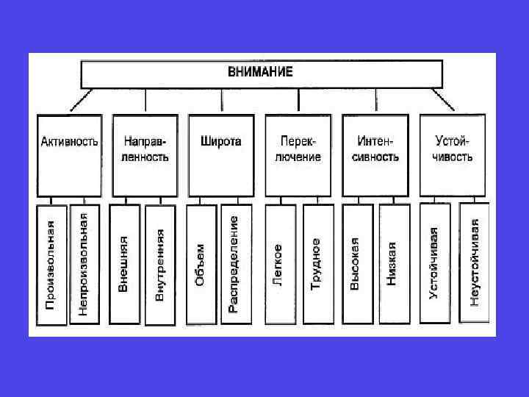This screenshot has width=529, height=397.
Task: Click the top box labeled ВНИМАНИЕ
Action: tap(262, 73)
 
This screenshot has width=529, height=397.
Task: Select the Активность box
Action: tap(69, 155)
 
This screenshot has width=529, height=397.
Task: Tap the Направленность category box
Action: tap(145, 155)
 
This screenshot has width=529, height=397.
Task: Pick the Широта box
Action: tap(220, 155)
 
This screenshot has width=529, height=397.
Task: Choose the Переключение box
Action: tap(300, 155)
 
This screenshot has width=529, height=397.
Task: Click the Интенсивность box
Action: tap(375, 155)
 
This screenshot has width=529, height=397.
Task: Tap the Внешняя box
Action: tap(124, 265)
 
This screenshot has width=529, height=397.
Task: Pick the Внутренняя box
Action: tap(160, 265)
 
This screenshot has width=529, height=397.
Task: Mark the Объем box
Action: tap(201, 265)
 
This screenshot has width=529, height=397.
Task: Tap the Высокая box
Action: tap(356, 265)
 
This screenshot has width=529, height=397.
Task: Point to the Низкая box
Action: tap(393, 265)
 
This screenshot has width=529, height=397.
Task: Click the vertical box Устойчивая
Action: tap(434, 263)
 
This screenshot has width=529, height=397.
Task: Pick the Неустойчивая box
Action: tap(475, 263)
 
